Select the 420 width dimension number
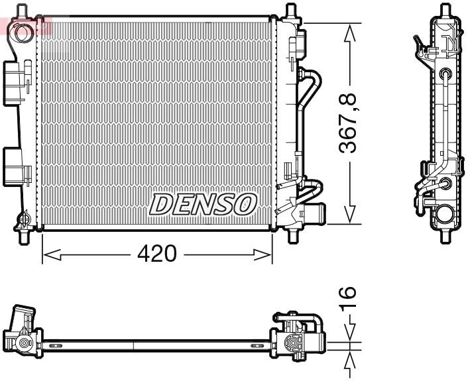tap(157, 253)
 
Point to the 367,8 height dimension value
tap(349, 123)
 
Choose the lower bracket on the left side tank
tap(18, 166)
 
